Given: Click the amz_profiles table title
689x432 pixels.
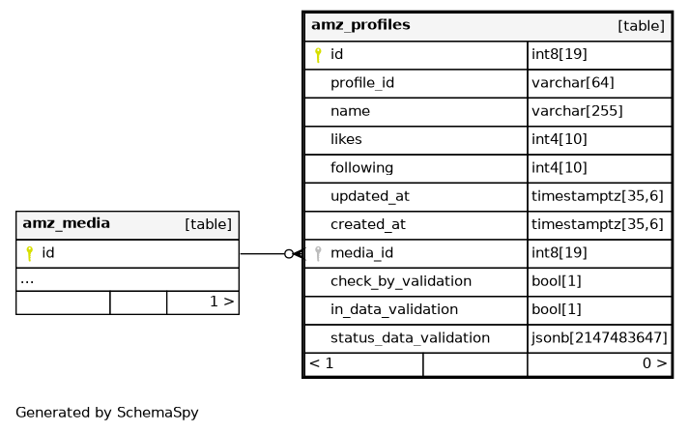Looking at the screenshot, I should pyautogui.click(x=360, y=25).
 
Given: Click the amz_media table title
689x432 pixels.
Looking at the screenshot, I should pyautogui.click(x=66, y=224).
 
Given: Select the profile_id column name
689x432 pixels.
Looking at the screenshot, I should pyautogui.click(x=361, y=83).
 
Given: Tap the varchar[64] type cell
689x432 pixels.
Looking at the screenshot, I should pyautogui.click(x=572, y=83).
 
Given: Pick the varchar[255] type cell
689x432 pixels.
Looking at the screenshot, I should pyautogui.click(x=577, y=111).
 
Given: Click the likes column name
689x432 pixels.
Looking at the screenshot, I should pyautogui.click(x=346, y=139).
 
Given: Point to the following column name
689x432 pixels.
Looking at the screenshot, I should pyautogui.click(x=361, y=168).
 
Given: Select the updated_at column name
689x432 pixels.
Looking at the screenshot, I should pyautogui.click(x=369, y=196).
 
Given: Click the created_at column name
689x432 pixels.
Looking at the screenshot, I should pyautogui.click(x=367, y=224).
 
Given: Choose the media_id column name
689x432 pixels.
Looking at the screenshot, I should pyautogui.click(x=361, y=253).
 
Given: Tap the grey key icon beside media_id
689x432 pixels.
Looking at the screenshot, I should pyautogui.click(x=318, y=253).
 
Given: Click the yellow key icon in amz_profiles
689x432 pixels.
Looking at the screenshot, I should pyautogui.click(x=318, y=55).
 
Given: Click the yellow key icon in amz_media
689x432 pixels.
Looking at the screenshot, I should pyautogui.click(x=29, y=253).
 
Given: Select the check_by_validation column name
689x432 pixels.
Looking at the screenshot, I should pyautogui.click(x=400, y=281).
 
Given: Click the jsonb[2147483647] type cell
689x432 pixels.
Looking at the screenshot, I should pyautogui.click(x=599, y=338).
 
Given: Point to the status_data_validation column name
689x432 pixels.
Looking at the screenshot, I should pyautogui.click(x=410, y=338).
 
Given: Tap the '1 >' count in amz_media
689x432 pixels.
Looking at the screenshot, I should pyautogui.click(x=221, y=302).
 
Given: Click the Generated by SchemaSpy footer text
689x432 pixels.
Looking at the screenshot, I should pyautogui.click(x=107, y=413).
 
